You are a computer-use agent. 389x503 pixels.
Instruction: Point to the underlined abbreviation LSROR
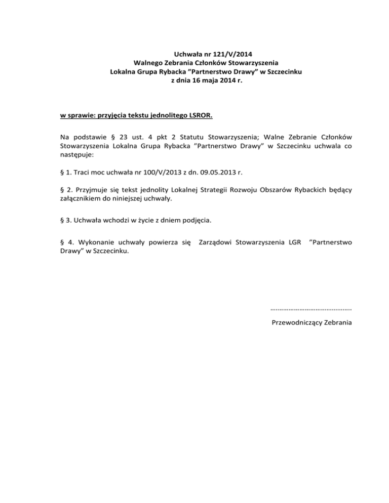200,116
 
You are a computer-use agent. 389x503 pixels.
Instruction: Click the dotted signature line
312,308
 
